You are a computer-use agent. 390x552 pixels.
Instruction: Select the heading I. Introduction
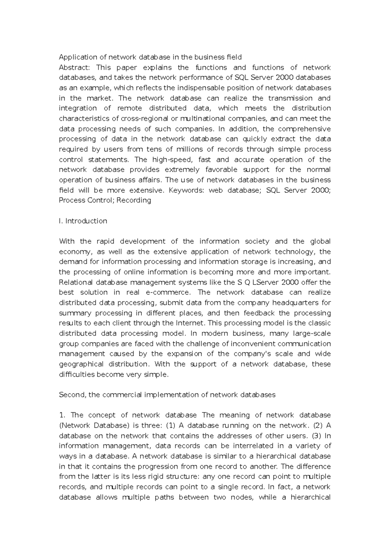(83, 221)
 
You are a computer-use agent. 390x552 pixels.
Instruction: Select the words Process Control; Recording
(105, 200)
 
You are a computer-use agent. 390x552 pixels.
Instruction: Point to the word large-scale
(312, 334)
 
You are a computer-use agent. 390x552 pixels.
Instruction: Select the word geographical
(81, 364)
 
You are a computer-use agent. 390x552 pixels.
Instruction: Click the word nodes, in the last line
(241, 497)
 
